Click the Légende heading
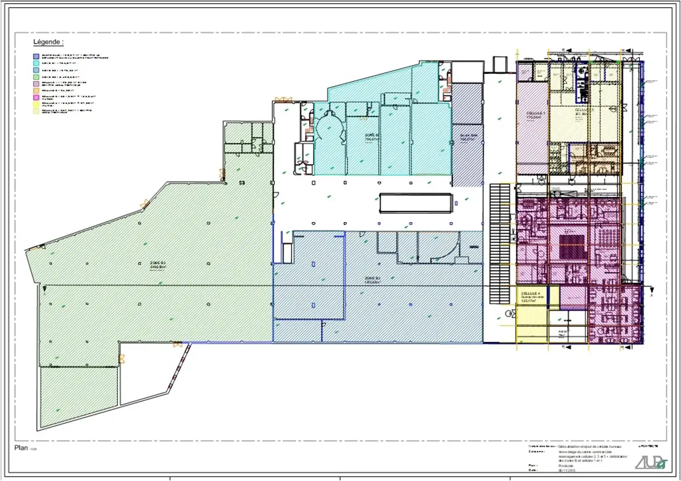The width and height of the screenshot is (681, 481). click(x=48, y=42)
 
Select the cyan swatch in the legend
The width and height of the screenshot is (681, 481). click(x=36, y=63)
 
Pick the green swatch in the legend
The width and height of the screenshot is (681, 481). click(x=36, y=77)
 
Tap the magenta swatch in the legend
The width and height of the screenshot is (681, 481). click(x=36, y=97)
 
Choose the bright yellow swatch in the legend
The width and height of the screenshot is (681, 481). click(x=36, y=104)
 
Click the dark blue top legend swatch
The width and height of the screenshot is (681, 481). click(x=36, y=56)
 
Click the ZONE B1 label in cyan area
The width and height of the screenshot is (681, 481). click(x=372, y=137)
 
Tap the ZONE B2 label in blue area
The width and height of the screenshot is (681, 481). click(x=372, y=280)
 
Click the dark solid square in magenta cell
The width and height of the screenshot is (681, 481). click(x=572, y=247)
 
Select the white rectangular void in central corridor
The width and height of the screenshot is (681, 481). click(x=415, y=203)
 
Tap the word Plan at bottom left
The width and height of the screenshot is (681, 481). click(x=21, y=448)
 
